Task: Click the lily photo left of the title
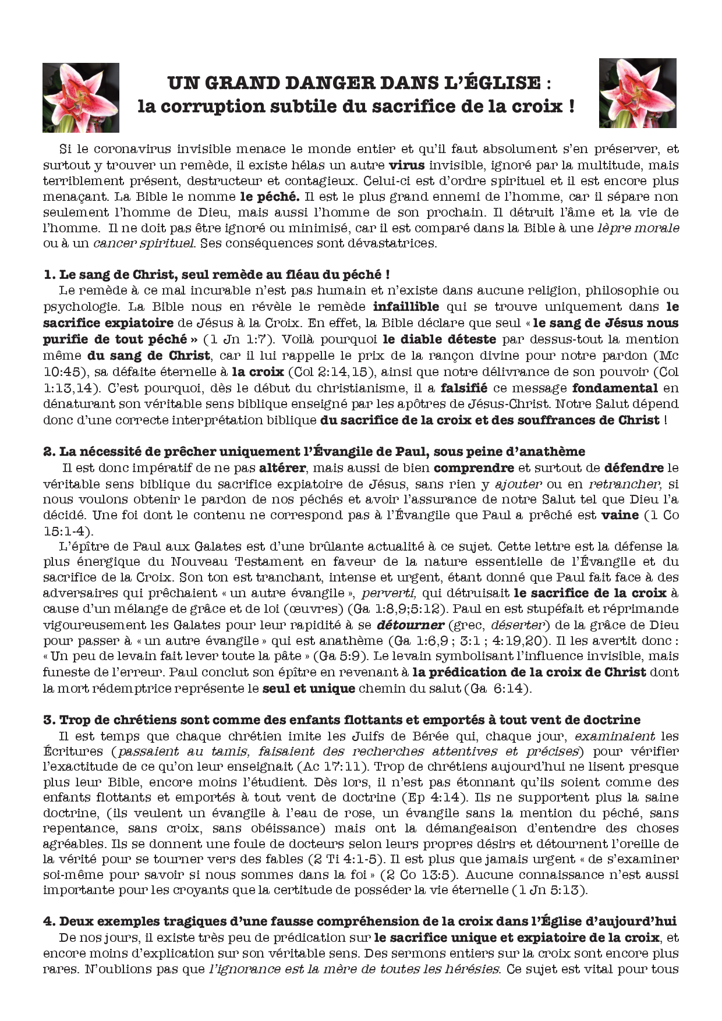coord(81,97)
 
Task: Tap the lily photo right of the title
coord(638,93)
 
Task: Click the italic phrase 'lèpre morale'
coord(639,228)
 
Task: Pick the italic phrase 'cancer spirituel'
coord(144,243)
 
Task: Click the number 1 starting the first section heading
coord(48,275)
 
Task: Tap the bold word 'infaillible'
coord(406,307)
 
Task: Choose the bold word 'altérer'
coord(285,467)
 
